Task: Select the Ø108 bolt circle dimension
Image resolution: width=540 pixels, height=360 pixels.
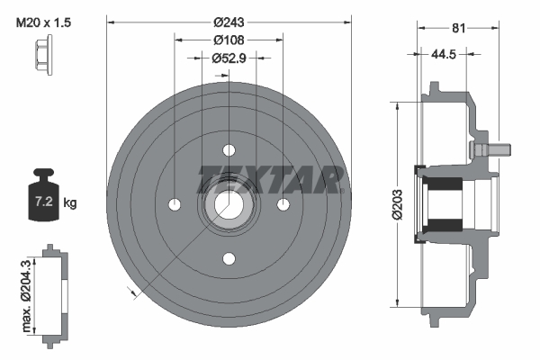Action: click(229, 40)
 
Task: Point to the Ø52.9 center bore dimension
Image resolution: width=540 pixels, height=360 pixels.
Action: click(229, 58)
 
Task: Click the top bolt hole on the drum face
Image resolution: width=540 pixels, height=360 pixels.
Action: click(229, 149)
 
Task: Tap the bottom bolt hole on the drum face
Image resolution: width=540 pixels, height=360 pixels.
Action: click(229, 259)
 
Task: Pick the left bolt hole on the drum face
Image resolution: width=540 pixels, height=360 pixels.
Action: click(174, 204)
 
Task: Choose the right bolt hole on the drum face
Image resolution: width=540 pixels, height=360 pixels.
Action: click(283, 204)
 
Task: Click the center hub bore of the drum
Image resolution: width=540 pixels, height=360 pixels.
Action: click(229, 204)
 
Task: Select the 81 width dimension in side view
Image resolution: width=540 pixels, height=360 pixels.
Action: click(458, 29)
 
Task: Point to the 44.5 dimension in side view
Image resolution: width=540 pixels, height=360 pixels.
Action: click(441, 54)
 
